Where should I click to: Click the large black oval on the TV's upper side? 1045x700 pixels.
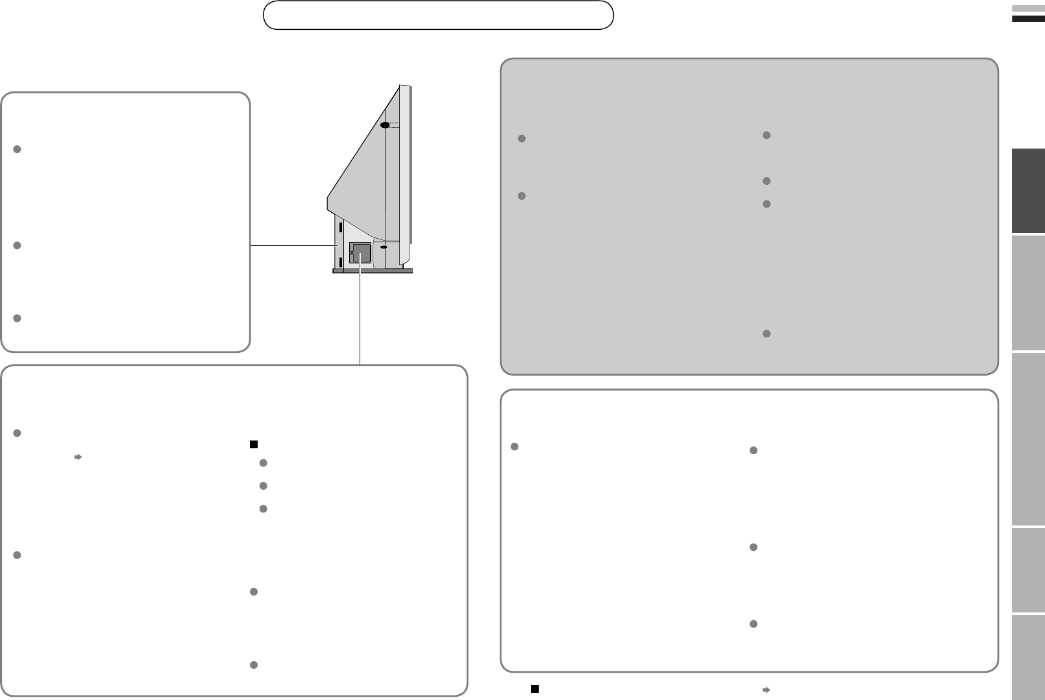click(x=385, y=125)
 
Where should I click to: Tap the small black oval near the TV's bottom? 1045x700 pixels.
click(x=384, y=247)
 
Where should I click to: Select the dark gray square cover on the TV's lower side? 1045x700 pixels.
click(x=360, y=252)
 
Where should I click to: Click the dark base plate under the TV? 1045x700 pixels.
click(x=372, y=271)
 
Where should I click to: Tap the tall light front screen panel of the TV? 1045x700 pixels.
click(x=405, y=175)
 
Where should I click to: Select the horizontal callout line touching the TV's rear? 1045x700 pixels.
click(x=292, y=245)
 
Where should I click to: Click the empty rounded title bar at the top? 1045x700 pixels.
click(x=438, y=16)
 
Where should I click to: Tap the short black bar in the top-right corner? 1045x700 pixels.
click(x=1028, y=19)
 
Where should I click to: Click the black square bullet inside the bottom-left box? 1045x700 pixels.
click(x=254, y=444)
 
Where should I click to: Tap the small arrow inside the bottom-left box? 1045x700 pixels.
click(x=77, y=457)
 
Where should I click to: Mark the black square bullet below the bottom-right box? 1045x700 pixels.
click(x=535, y=688)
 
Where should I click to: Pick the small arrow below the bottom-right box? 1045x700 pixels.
click(x=766, y=689)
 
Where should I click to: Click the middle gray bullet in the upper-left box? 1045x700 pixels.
click(x=18, y=245)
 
